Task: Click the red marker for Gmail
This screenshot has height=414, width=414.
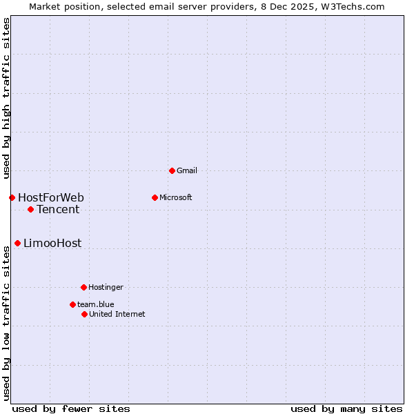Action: point(172,170)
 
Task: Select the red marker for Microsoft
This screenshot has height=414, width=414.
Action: point(155,197)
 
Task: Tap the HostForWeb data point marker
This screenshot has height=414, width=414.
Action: point(12,198)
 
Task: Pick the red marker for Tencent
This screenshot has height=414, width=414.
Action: point(30,209)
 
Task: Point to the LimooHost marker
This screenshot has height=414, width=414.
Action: point(17,243)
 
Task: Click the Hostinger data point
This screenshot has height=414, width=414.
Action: point(83,287)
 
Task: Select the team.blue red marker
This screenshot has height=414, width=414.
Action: point(72,304)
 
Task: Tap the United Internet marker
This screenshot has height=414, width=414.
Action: point(84,314)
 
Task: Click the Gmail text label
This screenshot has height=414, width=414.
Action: point(187,170)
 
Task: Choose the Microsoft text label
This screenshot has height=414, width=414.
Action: point(176,197)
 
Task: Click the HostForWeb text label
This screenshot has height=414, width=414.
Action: point(51,198)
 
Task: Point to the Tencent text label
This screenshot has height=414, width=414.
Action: point(58,210)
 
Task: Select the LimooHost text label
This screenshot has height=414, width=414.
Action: point(52,243)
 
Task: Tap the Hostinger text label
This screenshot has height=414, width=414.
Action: point(106,287)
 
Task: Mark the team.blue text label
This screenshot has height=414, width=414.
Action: point(96,304)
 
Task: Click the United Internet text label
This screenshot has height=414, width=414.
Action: point(117,314)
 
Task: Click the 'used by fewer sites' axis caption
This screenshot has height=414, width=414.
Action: point(71,409)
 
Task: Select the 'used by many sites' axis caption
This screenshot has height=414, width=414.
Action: point(346,409)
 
